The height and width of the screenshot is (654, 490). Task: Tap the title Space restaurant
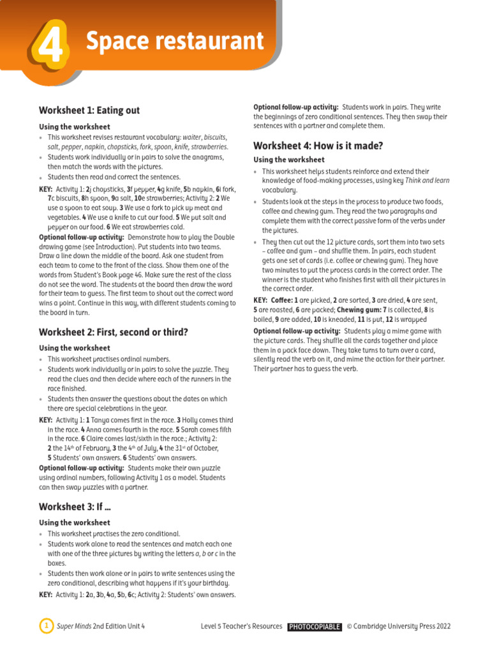pos(174,42)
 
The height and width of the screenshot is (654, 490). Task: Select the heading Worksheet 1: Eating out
pos(89,110)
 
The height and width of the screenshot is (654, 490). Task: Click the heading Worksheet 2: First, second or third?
pos(114,332)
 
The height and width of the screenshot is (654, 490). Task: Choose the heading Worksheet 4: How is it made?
pos(318,146)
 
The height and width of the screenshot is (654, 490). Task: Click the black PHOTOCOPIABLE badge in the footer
pos(315,627)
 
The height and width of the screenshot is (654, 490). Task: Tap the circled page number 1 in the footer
pos(46,627)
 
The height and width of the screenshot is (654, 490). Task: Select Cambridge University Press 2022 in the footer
pos(403,627)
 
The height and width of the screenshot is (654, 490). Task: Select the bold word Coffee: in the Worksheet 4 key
pos(283,300)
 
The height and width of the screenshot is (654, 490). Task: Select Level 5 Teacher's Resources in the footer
pos(241,627)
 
